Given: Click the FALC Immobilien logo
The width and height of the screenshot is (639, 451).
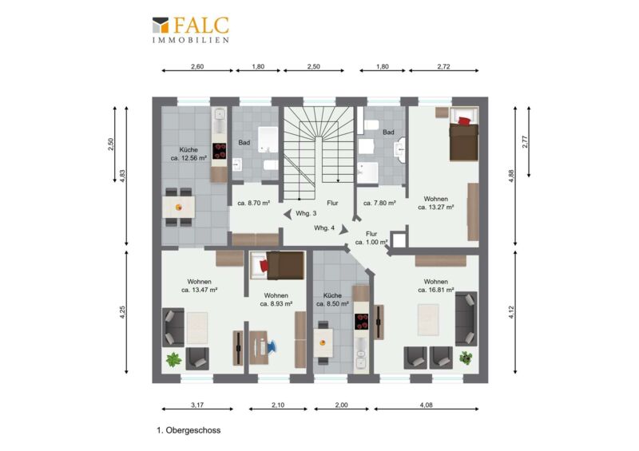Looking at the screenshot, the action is click(x=190, y=30).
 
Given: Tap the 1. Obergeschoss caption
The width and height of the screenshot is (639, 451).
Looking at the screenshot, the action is click(x=189, y=430).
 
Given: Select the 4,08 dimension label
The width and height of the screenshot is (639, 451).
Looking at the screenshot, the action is click(x=426, y=405).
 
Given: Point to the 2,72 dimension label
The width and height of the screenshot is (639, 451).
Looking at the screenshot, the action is click(x=443, y=66).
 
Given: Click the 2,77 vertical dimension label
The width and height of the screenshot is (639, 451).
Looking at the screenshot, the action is click(x=525, y=142).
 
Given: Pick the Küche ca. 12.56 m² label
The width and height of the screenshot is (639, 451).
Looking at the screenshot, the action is click(x=189, y=154).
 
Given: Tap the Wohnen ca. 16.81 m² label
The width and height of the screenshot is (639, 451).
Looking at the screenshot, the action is click(x=435, y=286).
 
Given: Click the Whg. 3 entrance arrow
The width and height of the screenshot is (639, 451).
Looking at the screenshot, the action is click(x=288, y=214).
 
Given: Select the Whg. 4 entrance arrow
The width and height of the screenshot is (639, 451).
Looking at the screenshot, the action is click(x=344, y=230).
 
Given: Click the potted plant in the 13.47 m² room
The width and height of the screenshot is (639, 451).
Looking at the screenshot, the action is click(x=173, y=359).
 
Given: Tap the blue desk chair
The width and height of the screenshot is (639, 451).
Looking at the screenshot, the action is click(x=271, y=346).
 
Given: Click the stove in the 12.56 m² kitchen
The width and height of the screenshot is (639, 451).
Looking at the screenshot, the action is click(x=220, y=151).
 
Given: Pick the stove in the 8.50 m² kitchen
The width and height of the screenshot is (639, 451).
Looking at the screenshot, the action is click(x=361, y=322).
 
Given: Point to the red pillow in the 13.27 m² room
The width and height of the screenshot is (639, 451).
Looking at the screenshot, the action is click(x=465, y=121).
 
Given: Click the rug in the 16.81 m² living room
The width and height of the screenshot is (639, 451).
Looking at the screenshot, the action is click(x=428, y=320).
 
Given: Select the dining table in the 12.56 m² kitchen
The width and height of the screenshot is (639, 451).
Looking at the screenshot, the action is click(x=178, y=208).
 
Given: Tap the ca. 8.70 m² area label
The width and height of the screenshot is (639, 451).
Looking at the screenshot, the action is click(x=253, y=203).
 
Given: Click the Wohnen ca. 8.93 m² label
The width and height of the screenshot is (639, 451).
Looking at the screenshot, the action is click(x=276, y=299).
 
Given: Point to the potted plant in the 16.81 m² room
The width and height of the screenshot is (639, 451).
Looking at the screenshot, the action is click(x=466, y=358).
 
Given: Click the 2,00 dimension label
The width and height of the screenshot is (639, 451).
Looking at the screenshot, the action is click(x=341, y=405).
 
